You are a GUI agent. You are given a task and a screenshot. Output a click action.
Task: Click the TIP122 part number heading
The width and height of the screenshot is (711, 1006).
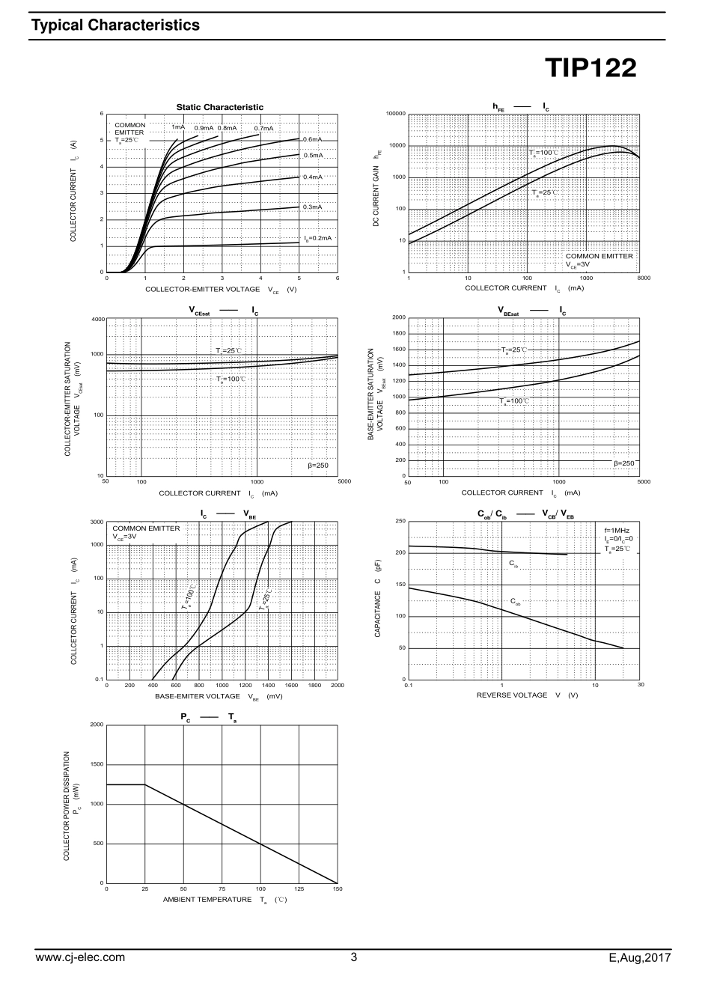[591, 69]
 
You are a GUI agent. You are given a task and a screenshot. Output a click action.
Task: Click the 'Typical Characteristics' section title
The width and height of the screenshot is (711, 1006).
[115, 25]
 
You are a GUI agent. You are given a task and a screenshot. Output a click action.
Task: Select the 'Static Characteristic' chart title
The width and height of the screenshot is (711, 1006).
[220, 107]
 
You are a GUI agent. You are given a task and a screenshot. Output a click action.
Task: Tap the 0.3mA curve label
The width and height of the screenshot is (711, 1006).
[312, 207]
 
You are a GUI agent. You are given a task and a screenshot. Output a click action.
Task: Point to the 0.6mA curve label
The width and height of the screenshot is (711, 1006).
[312, 139]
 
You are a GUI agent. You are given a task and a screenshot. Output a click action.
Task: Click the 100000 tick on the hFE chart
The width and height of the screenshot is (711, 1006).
[396, 114]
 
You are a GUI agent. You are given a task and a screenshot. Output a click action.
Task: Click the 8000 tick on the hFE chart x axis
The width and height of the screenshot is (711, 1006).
[644, 278]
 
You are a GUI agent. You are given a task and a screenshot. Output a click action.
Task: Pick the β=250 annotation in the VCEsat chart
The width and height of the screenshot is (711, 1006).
[318, 465]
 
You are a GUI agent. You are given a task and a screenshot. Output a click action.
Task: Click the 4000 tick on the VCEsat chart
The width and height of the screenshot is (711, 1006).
[98, 320]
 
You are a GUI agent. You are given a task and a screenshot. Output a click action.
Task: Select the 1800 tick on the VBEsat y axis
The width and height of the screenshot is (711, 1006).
[398, 333]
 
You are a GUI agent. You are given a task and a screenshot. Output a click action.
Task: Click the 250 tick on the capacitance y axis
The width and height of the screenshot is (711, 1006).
[400, 521]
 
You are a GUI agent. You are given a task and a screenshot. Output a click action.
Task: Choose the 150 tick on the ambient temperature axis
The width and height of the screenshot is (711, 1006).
[337, 888]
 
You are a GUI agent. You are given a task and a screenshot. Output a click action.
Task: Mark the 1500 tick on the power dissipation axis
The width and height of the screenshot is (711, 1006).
[97, 764]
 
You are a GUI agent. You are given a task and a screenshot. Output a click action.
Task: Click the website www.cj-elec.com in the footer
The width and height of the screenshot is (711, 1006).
[81, 957]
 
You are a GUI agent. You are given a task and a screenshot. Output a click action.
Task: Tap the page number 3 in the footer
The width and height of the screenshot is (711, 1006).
[354, 957]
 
